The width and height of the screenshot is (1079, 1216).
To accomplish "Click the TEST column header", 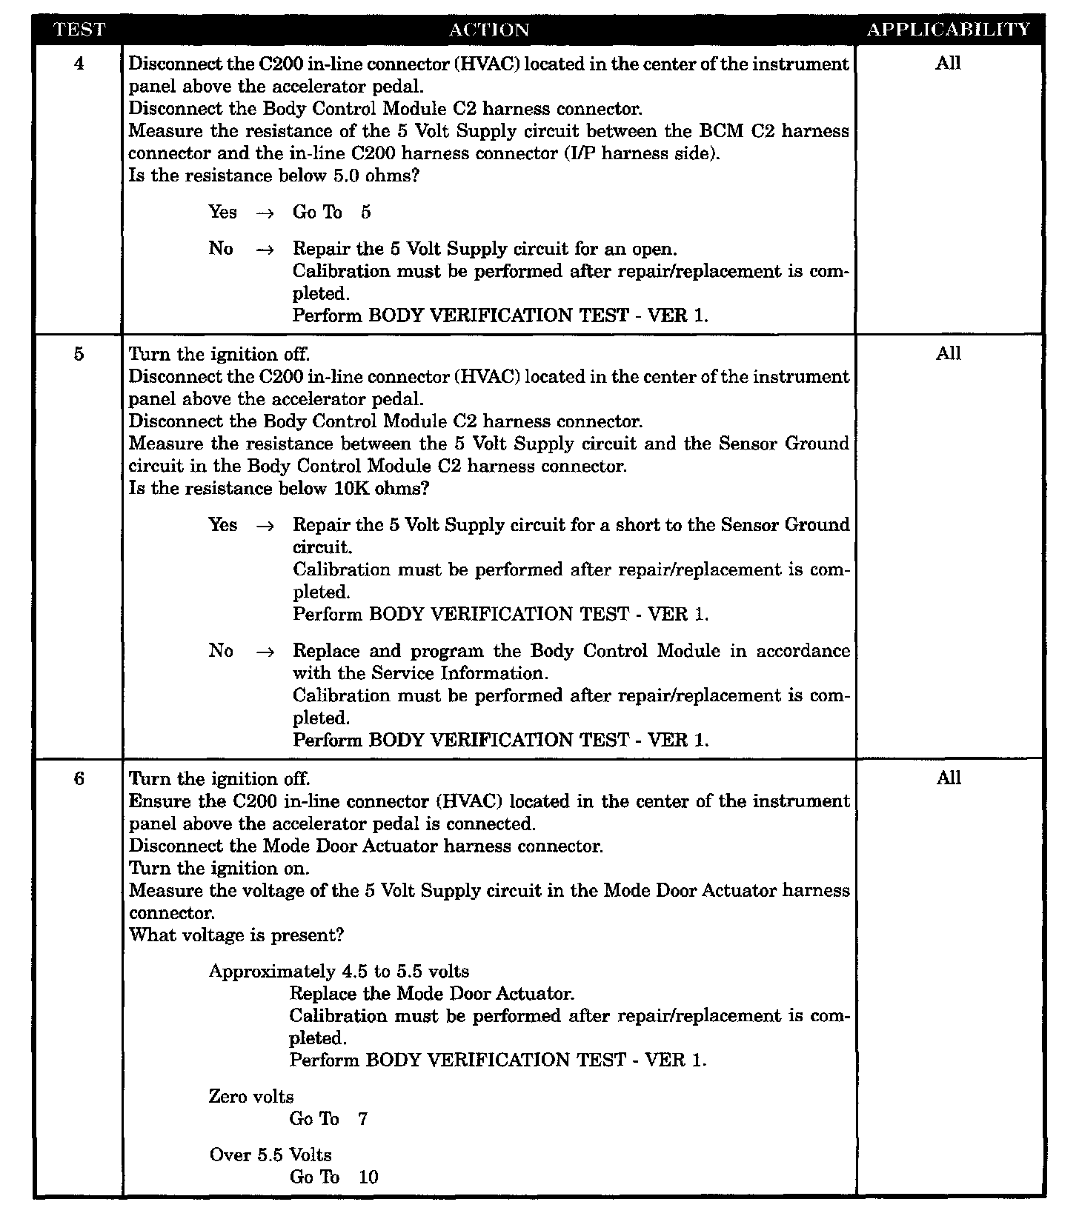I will [x=79, y=30].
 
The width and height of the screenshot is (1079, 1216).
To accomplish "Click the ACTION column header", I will [x=489, y=30].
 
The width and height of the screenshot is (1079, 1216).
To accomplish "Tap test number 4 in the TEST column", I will [x=79, y=64].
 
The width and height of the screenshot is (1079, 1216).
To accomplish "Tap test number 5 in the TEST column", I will [x=79, y=354].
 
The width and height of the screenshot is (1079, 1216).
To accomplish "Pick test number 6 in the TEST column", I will [x=79, y=778].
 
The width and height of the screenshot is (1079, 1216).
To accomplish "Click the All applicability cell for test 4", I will [x=948, y=63].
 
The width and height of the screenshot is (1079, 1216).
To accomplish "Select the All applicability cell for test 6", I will [x=948, y=778].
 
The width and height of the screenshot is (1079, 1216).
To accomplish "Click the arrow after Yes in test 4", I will [x=265, y=213].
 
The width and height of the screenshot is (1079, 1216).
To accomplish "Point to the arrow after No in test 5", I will [x=265, y=652].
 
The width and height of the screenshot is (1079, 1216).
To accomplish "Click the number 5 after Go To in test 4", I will [x=365, y=213].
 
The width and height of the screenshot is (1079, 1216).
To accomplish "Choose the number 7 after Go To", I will [x=362, y=1118].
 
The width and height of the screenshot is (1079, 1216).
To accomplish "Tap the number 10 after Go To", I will [x=368, y=1177].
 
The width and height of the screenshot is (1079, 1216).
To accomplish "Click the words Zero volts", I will [x=251, y=1096].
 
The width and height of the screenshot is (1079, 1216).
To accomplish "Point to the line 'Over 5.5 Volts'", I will [x=270, y=1155].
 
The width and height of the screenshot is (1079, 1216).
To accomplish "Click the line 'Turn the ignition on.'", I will [x=219, y=868].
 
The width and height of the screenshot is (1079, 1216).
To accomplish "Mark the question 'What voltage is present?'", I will [x=236, y=935].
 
